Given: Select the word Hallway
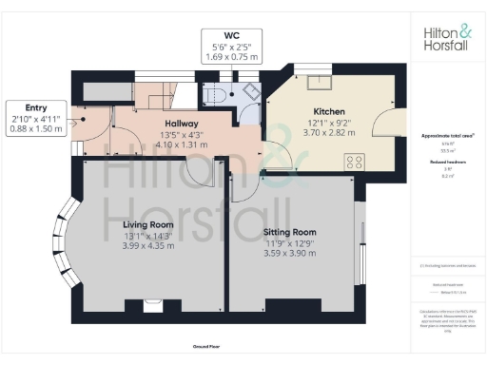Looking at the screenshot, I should point(181,124).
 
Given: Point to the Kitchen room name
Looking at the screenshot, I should point(328,111).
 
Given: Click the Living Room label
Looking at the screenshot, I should point(146,224).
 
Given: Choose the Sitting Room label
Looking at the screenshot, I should point(289,232).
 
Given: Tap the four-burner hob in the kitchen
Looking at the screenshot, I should point(355,161).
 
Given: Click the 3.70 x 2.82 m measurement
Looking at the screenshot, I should point(328,134).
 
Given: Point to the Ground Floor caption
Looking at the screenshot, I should point(207,348).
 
